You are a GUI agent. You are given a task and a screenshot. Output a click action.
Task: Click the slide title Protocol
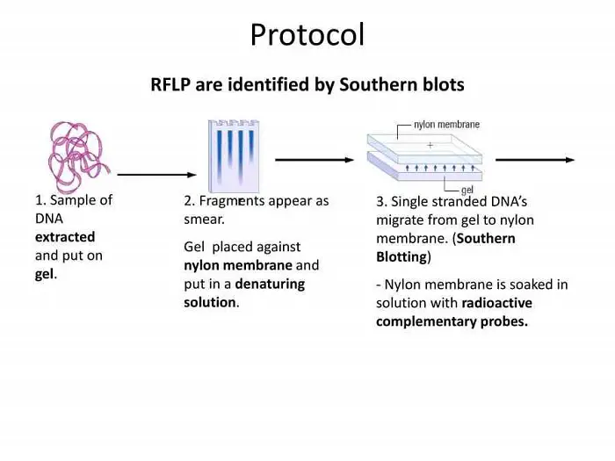(x=307, y=35)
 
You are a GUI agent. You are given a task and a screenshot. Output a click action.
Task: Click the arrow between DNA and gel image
(x=152, y=175)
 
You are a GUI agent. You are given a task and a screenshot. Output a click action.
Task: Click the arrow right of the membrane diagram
(x=535, y=160)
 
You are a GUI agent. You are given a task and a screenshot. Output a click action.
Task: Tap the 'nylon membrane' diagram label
(x=446, y=125)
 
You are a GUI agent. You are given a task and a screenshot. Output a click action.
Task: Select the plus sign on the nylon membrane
(x=430, y=144)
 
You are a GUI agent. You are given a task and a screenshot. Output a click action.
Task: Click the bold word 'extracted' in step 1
(x=65, y=237)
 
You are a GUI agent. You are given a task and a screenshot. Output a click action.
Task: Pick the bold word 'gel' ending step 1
(x=45, y=274)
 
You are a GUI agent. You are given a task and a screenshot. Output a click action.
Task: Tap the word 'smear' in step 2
(x=203, y=220)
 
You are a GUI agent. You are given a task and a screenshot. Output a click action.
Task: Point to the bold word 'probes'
(x=504, y=321)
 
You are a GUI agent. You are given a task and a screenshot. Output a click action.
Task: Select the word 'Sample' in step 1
(x=69, y=199)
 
